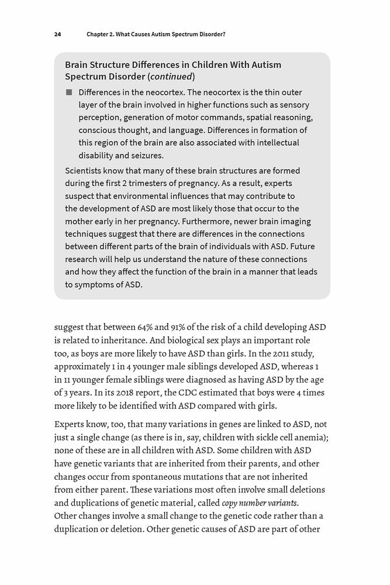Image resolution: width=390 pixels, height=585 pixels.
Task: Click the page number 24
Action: (57, 35)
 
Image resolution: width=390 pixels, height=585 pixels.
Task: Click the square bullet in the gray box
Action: (68, 92)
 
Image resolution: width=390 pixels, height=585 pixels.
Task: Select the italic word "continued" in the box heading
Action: (171, 77)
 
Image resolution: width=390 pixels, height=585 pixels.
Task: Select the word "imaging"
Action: (289, 222)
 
